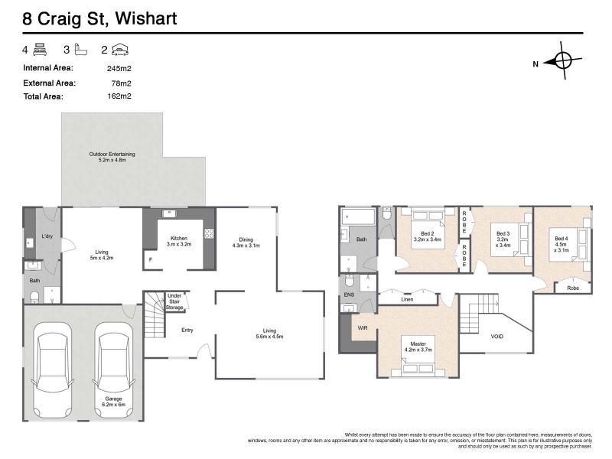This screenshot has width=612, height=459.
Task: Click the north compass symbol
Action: (x=562, y=61)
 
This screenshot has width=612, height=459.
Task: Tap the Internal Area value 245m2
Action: (x=119, y=69)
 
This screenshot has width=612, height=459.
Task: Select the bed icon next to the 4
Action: (x=41, y=50)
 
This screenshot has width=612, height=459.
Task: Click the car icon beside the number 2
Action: (x=120, y=50)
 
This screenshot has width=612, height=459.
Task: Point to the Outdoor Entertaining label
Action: (x=112, y=157)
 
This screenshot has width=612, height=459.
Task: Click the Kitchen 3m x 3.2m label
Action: (x=179, y=241)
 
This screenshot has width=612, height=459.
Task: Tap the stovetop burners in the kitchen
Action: (x=209, y=233)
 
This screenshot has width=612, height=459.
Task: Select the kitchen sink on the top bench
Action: (x=169, y=213)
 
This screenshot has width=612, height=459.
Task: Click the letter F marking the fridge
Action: (x=151, y=259)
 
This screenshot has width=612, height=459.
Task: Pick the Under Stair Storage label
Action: (x=174, y=301)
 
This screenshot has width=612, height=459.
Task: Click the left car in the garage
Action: (x=52, y=370)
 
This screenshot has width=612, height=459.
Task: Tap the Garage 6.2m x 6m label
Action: (x=113, y=402)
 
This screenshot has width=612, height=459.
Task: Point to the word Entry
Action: (x=187, y=330)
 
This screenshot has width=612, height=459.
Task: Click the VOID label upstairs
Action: (x=496, y=337)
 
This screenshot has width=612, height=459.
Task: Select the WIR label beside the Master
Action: (x=363, y=328)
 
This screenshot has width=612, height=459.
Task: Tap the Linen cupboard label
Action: (x=407, y=299)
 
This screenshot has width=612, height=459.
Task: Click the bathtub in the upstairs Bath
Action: (x=358, y=216)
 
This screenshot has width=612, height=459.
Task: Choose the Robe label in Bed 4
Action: (x=573, y=288)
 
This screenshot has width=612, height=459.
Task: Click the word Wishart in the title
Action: (x=146, y=18)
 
